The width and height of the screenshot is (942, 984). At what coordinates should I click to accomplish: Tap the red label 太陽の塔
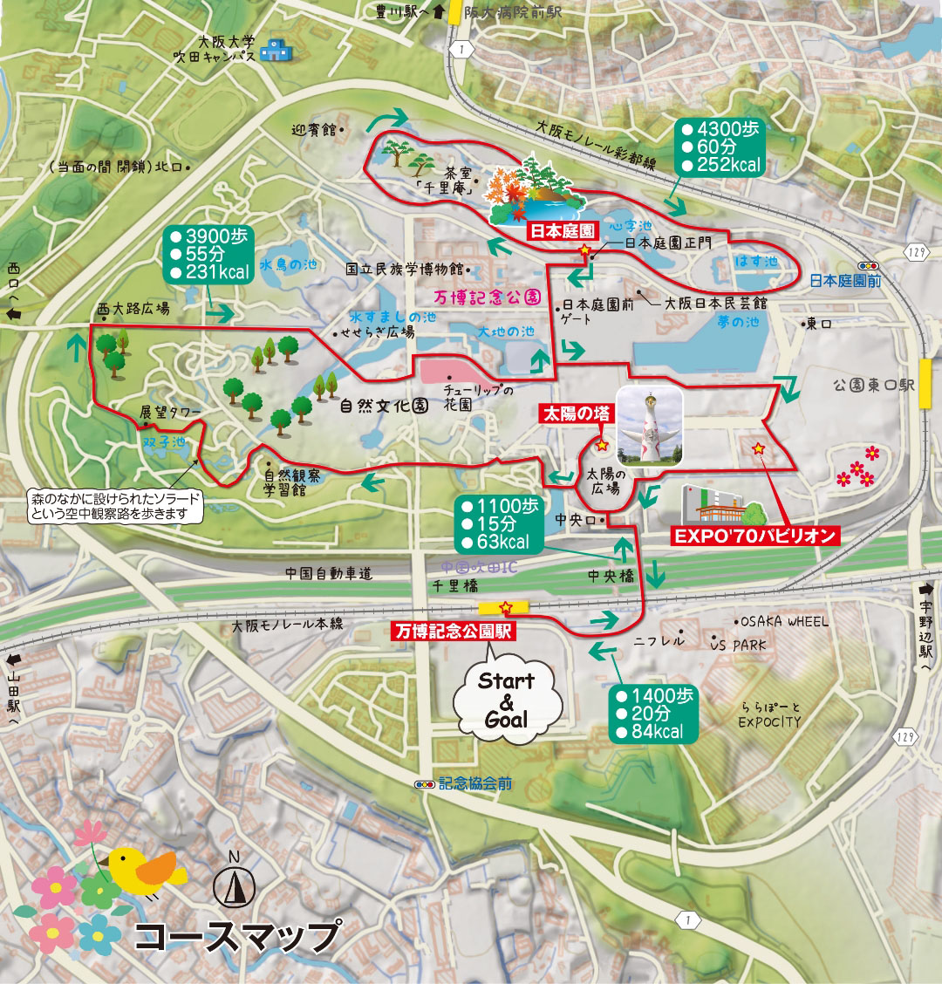[x=576, y=413]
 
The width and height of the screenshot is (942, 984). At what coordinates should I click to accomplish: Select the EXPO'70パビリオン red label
[x=755, y=536]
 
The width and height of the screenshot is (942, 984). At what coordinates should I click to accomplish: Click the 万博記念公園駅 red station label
[x=454, y=631]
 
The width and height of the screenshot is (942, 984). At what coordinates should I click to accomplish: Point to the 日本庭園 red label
[x=563, y=231]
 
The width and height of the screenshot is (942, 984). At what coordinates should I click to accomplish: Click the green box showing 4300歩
[x=720, y=147]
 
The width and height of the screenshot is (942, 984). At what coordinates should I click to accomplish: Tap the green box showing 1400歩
[x=654, y=714]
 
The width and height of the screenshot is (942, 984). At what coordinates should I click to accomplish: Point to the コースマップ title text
[x=235, y=935]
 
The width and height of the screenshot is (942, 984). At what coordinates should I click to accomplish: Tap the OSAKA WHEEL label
[x=784, y=622]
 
